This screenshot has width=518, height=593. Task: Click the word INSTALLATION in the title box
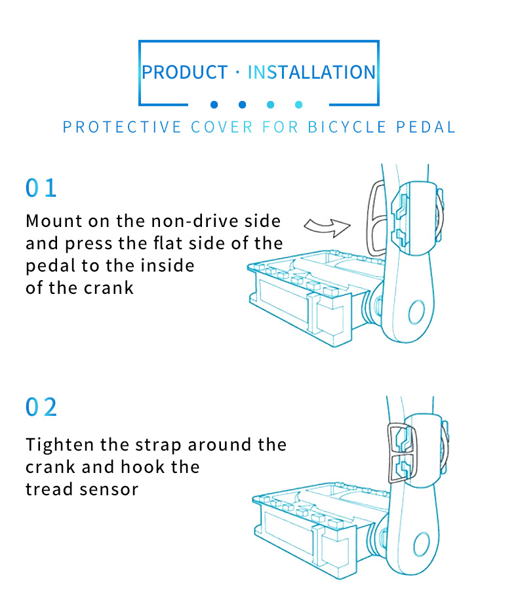coord(311,72)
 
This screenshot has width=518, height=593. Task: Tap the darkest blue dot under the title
coord(214,104)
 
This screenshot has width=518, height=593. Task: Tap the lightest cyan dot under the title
coord(299,104)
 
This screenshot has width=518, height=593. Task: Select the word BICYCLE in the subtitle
coord(348,127)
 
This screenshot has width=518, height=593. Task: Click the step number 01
coord(41,188)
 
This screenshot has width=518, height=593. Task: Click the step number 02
coord(41,407)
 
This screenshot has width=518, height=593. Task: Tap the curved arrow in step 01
coord(329,227)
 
